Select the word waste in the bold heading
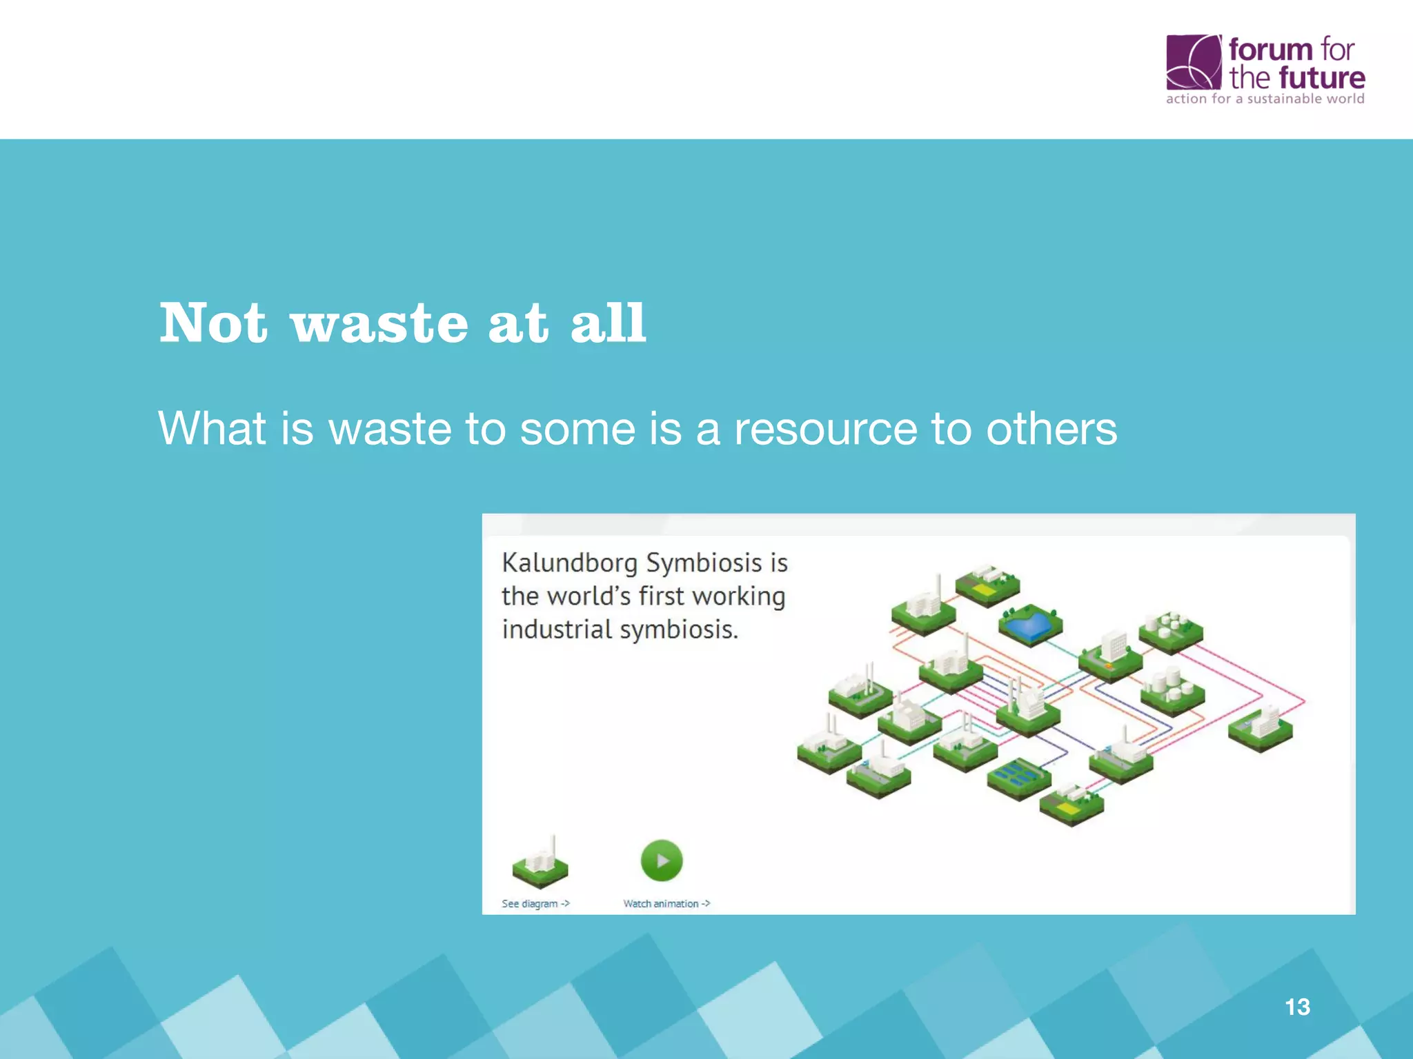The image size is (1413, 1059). [379, 324]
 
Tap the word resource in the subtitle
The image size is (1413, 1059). [825, 429]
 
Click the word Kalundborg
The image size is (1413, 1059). [570, 563]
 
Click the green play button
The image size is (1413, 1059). [662, 860]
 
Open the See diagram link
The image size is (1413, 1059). [535, 904]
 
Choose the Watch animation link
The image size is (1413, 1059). [666, 904]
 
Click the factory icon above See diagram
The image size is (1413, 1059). [540, 865]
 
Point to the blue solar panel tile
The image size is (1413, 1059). [1018, 777]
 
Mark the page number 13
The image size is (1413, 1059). [1297, 1007]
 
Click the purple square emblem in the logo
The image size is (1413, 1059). [1193, 62]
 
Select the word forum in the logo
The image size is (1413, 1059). [1270, 50]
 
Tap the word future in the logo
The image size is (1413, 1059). [1321, 78]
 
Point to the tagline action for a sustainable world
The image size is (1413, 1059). [1265, 99]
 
